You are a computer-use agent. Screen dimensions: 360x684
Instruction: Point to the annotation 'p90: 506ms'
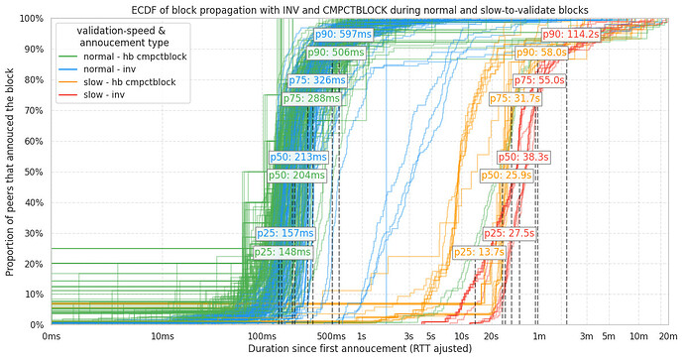coord(335,53)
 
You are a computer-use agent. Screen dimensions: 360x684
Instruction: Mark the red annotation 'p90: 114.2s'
coord(570,34)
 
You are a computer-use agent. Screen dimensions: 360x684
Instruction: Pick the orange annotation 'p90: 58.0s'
coord(540,52)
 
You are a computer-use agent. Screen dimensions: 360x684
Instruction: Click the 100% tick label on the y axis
coord(31,19)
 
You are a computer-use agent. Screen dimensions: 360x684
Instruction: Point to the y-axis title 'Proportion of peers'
coord(9,172)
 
